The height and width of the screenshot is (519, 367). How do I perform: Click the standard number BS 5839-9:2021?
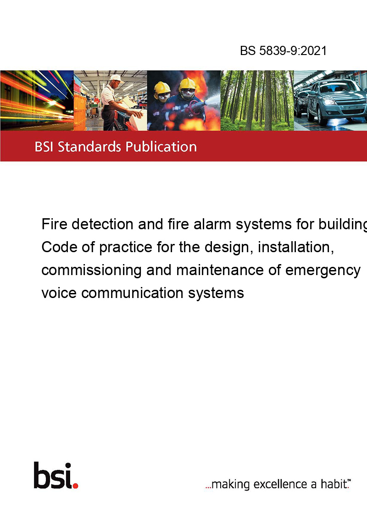pos(283,50)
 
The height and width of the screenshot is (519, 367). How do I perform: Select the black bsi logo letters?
pos(53,475)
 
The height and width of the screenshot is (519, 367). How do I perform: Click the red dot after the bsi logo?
pos(75,486)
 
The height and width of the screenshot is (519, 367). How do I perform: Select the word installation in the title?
pos(296,247)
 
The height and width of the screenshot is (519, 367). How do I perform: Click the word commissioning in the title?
pos(91,271)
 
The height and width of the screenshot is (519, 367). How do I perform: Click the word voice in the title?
pos(59,293)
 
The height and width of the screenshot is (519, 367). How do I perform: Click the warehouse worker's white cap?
pos(116,78)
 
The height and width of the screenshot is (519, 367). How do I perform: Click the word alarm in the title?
pos(212,224)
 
